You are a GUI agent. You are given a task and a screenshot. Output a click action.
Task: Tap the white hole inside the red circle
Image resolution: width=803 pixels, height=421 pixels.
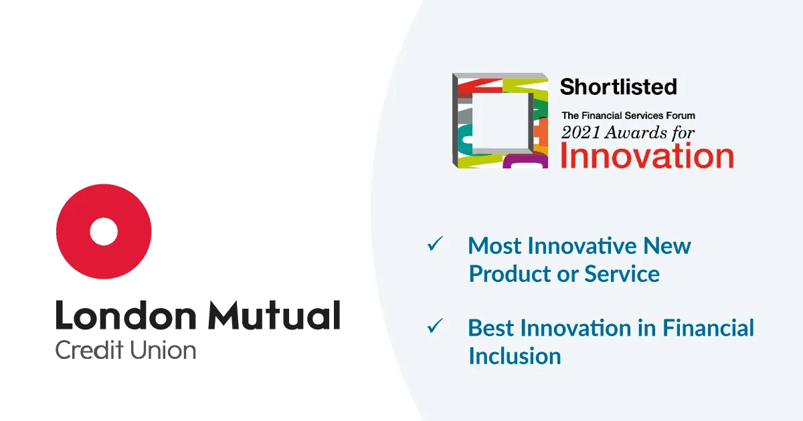104,232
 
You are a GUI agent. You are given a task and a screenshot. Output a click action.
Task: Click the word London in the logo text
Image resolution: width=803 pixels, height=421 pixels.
126,315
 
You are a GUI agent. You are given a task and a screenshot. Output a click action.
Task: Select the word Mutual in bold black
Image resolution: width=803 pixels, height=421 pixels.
274,315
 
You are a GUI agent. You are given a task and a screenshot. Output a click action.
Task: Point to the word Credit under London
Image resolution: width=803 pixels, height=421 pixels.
89,349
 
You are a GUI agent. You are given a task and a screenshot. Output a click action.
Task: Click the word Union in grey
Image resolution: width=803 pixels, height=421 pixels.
163,349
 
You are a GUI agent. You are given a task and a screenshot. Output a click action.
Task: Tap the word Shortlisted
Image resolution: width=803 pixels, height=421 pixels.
618,87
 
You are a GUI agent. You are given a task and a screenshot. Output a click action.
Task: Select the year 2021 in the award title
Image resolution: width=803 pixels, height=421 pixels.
581,132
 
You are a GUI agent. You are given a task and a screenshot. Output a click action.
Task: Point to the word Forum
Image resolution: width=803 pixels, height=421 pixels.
681,116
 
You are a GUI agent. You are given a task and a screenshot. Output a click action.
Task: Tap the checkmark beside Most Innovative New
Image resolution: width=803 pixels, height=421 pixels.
435,244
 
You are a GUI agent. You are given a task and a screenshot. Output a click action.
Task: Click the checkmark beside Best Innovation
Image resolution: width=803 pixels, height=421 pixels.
435,326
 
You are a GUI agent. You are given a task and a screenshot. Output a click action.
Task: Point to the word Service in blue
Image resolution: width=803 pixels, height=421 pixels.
622,274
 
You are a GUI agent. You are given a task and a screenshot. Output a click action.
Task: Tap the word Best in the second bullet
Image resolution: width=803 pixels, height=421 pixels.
490,328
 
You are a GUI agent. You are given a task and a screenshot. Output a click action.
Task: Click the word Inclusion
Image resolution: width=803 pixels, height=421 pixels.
515,356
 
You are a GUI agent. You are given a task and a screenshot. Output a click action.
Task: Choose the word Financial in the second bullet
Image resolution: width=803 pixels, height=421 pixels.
709,328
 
